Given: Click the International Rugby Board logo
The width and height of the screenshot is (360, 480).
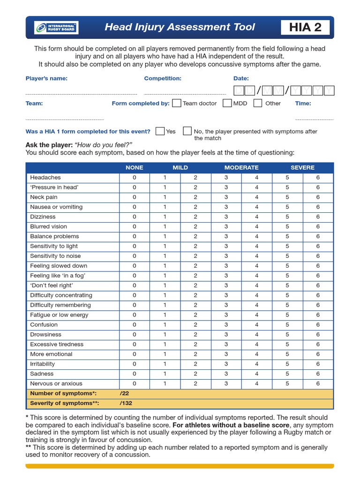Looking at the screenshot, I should (56, 28).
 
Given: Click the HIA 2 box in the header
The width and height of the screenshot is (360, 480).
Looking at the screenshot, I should (305, 28).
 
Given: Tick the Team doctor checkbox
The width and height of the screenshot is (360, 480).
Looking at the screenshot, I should (177, 103).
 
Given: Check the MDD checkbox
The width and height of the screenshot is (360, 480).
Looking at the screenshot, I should (227, 103).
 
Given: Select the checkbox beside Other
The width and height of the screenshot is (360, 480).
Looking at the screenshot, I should (258, 103).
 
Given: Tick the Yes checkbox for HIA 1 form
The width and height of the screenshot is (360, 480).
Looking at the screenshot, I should (160, 131).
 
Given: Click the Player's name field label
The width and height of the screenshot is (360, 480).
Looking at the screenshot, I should (46, 78).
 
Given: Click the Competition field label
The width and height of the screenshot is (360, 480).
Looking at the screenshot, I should (163, 78).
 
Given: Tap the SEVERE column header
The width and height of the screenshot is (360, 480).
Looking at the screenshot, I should (302, 167).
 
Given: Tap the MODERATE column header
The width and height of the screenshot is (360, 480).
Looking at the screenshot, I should (241, 167).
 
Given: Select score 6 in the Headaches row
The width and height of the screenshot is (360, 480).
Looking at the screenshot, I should (318, 178).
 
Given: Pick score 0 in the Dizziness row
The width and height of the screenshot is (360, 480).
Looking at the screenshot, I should (134, 217).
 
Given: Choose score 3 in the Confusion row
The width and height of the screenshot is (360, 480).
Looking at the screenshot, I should (226, 325).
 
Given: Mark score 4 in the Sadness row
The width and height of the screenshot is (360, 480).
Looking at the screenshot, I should (256, 374).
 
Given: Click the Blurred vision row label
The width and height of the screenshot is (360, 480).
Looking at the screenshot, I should (49, 227).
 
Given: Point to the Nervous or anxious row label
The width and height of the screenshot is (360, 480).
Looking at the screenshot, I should (56, 384).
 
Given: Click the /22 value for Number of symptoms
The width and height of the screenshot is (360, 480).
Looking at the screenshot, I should (124, 394).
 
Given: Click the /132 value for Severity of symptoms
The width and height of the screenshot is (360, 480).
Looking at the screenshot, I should (126, 403).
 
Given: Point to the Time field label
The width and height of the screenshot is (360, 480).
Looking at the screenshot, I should (303, 103).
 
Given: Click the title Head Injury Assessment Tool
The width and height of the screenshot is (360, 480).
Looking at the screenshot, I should (180, 27).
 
